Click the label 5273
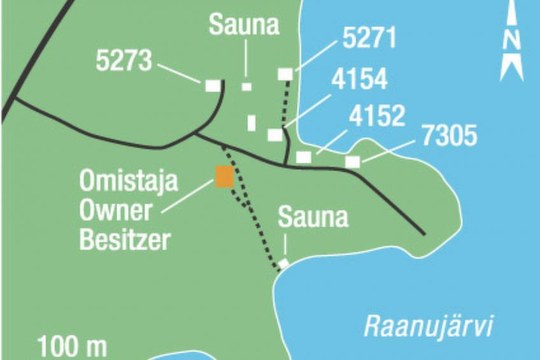click(x=124, y=61)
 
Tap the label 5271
click(x=369, y=39)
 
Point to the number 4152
click(x=377, y=117)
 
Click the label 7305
click(x=449, y=136)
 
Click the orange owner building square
click(x=224, y=176)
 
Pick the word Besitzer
click(x=125, y=241)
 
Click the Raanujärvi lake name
click(x=429, y=327)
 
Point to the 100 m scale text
click(x=72, y=348)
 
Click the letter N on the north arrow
click(x=511, y=40)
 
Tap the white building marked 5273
click(x=213, y=85)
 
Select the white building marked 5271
click(x=285, y=75)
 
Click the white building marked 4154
click(x=275, y=135)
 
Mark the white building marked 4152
click(x=304, y=157)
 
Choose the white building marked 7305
click(x=352, y=162)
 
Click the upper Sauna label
click(x=245, y=25)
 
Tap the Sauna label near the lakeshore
click(x=313, y=218)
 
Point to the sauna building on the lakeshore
click(x=283, y=263)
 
